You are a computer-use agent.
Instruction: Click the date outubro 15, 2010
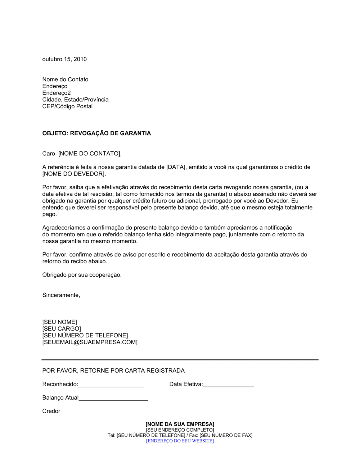pos(64,59)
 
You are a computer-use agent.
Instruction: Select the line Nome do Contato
pos(65,79)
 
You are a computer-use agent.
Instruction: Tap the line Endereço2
pos(57,93)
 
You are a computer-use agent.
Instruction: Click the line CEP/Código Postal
pos(67,106)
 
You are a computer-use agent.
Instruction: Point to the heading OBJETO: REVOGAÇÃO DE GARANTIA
pos(96,133)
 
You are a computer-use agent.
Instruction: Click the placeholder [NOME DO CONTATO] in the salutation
pos(90,154)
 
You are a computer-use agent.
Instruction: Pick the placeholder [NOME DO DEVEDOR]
pos(74,174)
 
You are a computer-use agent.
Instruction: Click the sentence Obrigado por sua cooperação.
pos(82,275)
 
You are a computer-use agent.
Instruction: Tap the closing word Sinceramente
pos(61,295)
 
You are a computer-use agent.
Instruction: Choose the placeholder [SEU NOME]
pos(60,322)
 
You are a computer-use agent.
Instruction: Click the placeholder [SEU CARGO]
pos(62,329)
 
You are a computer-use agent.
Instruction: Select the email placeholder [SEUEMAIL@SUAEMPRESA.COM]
pos(90,342)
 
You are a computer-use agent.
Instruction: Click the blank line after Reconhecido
pos(111,385)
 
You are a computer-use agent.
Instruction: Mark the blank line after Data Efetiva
pos(229,385)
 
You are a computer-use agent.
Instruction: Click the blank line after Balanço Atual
pos(113,399)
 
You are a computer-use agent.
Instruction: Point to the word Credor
pos(51,411)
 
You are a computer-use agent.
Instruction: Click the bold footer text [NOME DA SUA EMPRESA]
pos(180,424)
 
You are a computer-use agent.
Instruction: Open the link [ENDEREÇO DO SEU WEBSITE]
pos(180,441)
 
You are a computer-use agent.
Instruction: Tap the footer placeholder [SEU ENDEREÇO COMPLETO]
pos(180,430)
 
